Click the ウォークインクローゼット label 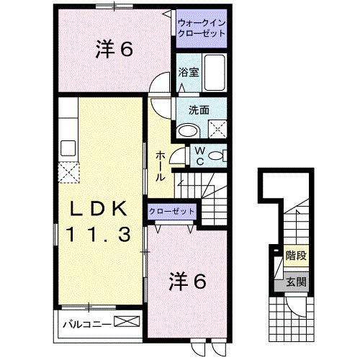pos(202,28)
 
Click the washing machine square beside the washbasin pos(217,129)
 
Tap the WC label pos(201,156)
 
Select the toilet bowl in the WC pos(220,156)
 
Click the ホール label pos(161,166)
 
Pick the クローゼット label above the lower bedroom pos(172,211)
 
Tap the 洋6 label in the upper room pos(112,50)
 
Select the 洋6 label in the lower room pos(189,282)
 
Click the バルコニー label pos(86,323)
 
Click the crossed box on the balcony pos(124,323)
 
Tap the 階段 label pos(295,256)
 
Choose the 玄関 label pos(295,281)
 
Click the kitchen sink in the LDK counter pos(68,148)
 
